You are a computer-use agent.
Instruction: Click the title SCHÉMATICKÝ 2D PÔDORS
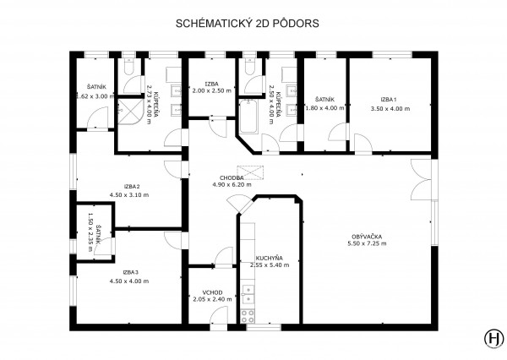click(248, 24)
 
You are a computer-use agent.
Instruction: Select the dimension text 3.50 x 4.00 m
click(390, 109)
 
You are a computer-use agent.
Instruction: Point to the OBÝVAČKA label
click(367, 237)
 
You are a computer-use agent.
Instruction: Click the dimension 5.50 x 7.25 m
click(367, 243)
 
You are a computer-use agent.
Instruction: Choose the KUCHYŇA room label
click(270, 258)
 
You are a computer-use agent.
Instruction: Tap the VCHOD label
click(212, 292)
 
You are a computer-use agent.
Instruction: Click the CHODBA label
click(232, 178)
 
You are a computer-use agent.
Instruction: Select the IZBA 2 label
click(132, 187)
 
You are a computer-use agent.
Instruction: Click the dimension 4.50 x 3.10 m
click(129, 195)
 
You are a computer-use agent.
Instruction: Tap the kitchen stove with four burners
click(248, 316)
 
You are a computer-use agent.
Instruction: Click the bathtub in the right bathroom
click(248, 117)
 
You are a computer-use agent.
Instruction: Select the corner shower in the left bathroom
click(130, 112)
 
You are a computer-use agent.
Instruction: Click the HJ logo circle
click(494, 339)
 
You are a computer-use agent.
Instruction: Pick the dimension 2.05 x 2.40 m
click(212, 299)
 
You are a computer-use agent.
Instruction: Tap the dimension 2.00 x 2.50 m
click(212, 91)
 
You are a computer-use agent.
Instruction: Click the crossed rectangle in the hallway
click(250, 172)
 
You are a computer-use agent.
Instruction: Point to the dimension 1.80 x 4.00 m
click(325, 108)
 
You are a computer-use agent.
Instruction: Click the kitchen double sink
click(248, 295)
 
